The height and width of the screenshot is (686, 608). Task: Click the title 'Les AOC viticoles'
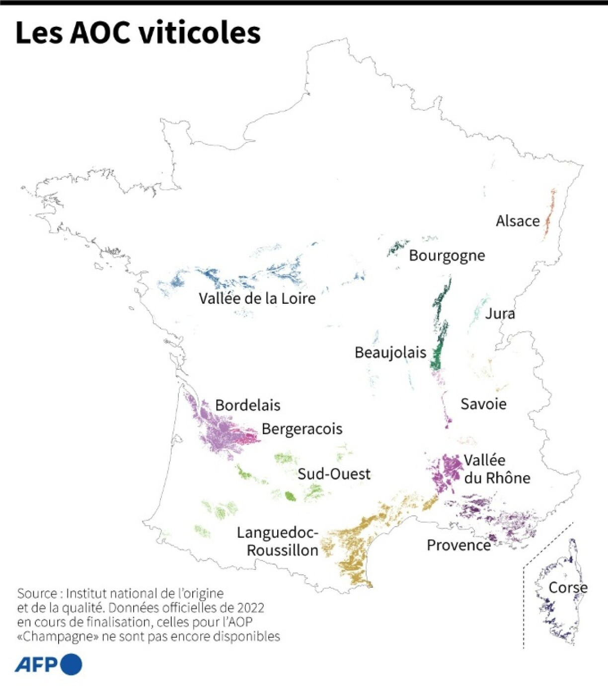[x=138, y=33]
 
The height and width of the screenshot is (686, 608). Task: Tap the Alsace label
[x=518, y=221]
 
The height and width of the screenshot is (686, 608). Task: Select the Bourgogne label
[x=447, y=256]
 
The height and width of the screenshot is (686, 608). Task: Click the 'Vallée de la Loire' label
[x=257, y=298]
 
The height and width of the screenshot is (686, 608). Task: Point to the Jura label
[x=500, y=314]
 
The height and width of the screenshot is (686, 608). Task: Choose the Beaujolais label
[x=390, y=352]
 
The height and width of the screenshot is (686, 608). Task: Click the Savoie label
[x=483, y=404]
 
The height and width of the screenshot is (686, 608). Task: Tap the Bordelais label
[x=247, y=406]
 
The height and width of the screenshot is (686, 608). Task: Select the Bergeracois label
[x=302, y=429]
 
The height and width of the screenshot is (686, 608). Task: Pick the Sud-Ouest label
[x=334, y=474]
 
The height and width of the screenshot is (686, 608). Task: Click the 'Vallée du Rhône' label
[x=497, y=469]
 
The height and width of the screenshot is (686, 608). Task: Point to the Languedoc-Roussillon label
[x=278, y=542]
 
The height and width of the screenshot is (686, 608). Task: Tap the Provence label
[x=458, y=546]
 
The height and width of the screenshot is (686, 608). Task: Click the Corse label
[x=568, y=588]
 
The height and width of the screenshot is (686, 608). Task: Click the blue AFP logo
[x=48, y=665]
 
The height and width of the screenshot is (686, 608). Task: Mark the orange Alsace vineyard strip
[x=549, y=216]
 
